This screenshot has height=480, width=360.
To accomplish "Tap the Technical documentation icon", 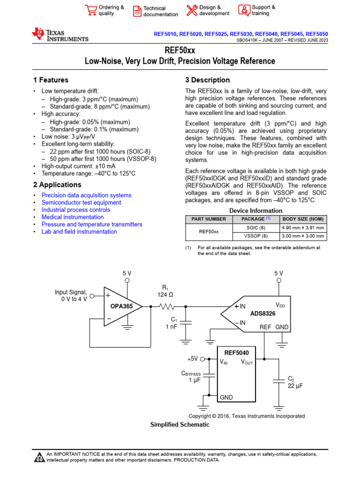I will [137, 11].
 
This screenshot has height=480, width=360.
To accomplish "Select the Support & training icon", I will [244, 10].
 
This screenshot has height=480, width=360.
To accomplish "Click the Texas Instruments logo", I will [60, 35].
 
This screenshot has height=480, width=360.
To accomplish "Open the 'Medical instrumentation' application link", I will [73, 217].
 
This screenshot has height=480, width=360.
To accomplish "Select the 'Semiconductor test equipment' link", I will [81, 202].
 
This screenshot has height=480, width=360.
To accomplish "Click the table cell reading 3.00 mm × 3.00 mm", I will [302, 236].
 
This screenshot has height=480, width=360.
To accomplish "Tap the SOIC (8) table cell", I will [255, 227].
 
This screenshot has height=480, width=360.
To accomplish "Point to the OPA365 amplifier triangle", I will [120, 307].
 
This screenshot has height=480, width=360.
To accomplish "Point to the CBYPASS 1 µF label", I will [191, 377].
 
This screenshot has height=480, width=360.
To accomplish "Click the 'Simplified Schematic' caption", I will [180, 425].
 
